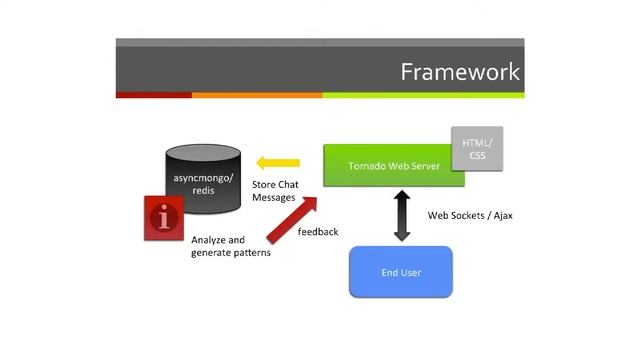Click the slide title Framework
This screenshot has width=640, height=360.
460,72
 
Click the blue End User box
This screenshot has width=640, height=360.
400,271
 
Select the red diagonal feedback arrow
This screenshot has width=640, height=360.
292,220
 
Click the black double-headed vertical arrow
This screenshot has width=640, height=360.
402,216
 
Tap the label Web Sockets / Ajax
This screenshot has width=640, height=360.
470,215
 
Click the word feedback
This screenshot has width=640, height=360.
318,232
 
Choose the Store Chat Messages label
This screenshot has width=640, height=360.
274,191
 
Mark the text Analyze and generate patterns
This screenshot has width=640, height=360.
230,246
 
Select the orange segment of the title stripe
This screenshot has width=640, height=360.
256,95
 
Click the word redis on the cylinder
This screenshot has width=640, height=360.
203,190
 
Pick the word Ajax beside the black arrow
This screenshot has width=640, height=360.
499,215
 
